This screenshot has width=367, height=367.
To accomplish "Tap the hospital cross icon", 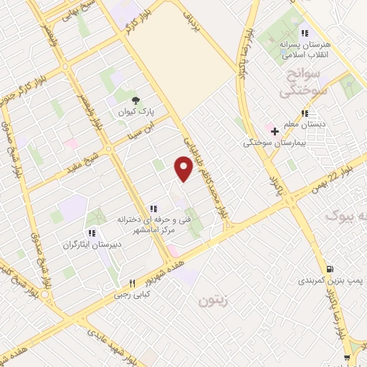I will [x=275, y=130].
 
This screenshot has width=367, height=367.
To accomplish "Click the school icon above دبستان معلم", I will [x=305, y=113].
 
